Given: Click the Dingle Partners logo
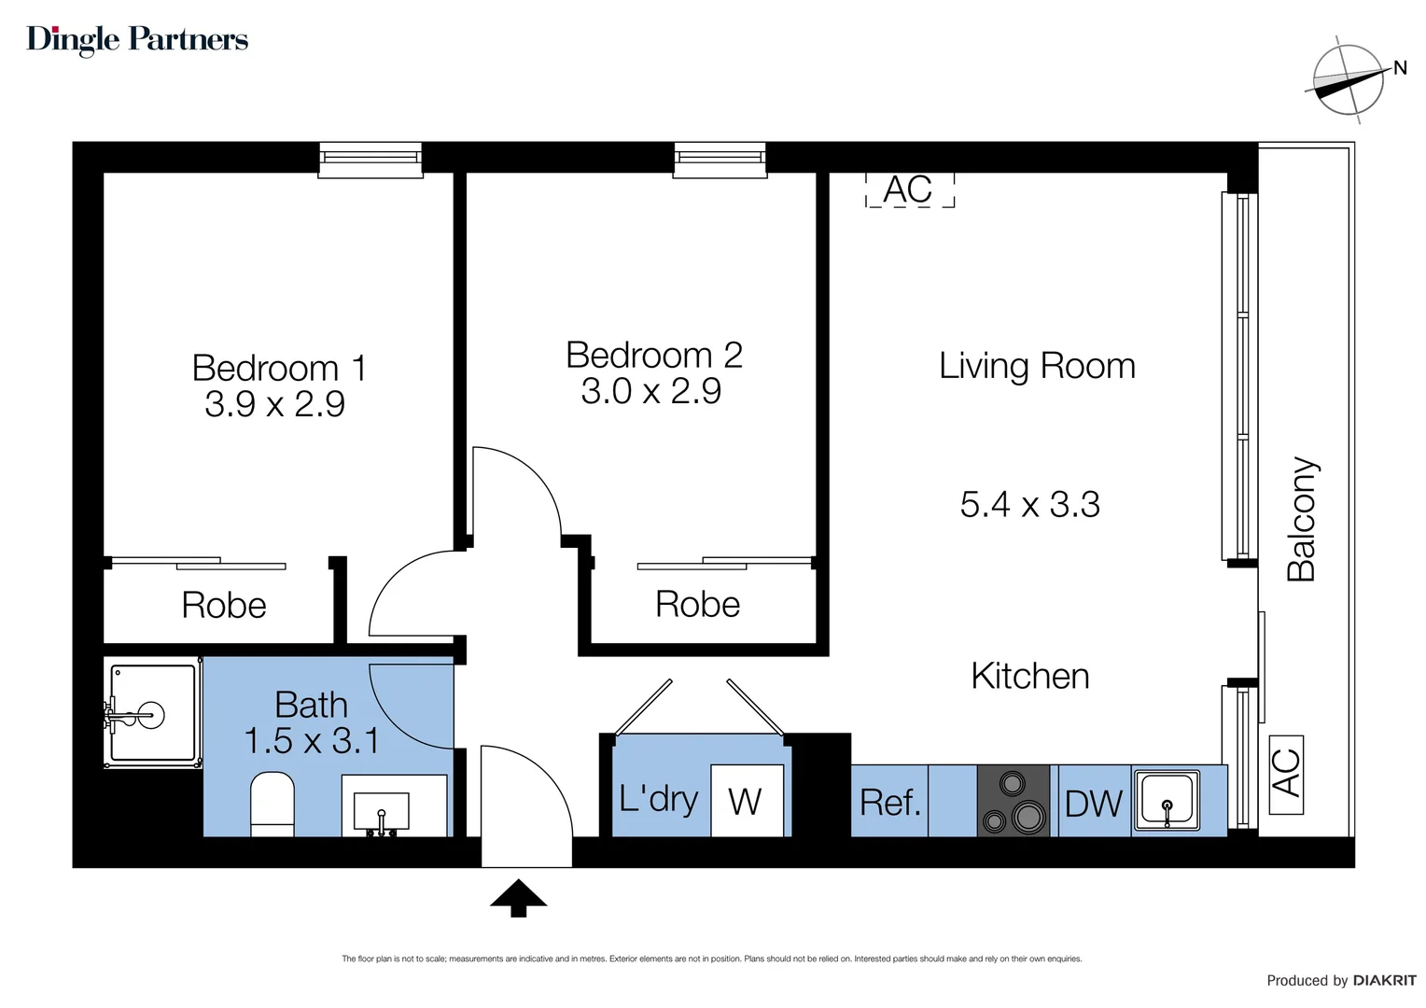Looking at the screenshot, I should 137,39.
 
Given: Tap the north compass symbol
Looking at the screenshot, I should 1348,80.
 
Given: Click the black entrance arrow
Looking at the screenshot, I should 518,897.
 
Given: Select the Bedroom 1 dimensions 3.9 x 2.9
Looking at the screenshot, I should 274,404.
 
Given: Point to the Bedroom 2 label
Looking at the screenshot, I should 653,355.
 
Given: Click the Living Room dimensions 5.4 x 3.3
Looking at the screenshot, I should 1029,505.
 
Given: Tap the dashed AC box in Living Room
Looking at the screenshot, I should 909,189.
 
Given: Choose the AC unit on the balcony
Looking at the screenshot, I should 1286,774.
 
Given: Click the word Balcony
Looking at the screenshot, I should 1301,519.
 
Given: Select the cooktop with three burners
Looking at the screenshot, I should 1014,801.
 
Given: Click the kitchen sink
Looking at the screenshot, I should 1166,800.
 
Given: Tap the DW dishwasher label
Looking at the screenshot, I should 1093,804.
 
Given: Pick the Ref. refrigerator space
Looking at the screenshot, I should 889,802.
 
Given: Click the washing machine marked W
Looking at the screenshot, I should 746,801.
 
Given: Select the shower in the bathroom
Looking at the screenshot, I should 151,715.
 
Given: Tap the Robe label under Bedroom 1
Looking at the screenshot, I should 224,606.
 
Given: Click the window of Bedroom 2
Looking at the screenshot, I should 720,159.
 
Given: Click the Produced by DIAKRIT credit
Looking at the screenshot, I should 1340,980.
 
